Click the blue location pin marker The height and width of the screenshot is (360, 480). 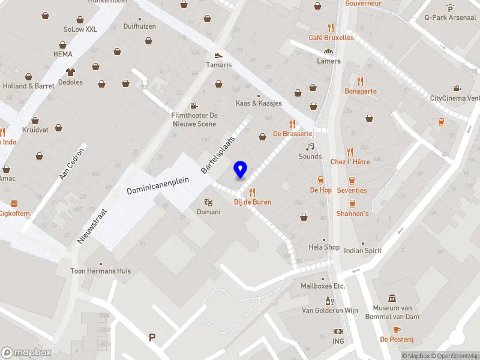[x=241, y=170]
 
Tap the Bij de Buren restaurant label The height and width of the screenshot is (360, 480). [x=253, y=202]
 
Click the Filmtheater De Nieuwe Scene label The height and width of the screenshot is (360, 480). [x=194, y=119]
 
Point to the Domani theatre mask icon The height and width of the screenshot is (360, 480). [x=209, y=202]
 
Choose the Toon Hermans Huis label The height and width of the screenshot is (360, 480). [x=101, y=271]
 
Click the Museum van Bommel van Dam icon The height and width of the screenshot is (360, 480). [x=392, y=298]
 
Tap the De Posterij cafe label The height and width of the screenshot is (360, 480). [x=397, y=339]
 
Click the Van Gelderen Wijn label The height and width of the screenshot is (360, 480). [x=330, y=310]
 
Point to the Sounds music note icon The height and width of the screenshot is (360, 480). [x=310, y=146]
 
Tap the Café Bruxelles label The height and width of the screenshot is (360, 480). [x=331, y=37]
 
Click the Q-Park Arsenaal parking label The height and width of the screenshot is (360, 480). [x=451, y=17]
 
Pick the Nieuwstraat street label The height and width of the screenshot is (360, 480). [x=92, y=226]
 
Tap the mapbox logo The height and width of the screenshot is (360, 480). [x=26, y=352]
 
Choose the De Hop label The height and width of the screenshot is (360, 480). [x=320, y=190]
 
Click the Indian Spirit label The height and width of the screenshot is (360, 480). [x=362, y=250]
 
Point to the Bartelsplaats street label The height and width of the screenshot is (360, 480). [x=218, y=154]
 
